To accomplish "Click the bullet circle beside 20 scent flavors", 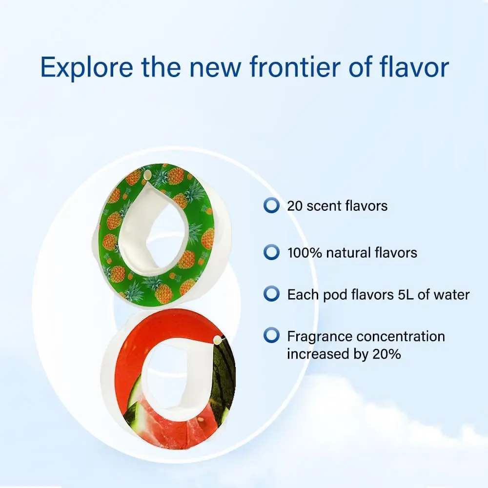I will click(271, 205).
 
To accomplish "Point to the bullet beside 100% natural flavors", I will click(271, 252).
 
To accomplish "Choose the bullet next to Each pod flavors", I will click(271, 294).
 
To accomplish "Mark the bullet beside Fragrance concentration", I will click(271, 336).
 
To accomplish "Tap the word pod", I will click(330, 295).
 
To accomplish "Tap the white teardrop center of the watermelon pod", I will click(176, 376).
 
